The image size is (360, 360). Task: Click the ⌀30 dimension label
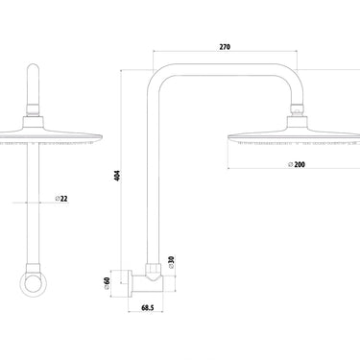pyautogui.click(x=172, y=260)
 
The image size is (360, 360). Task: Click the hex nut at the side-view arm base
pyautogui.click(x=154, y=266)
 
